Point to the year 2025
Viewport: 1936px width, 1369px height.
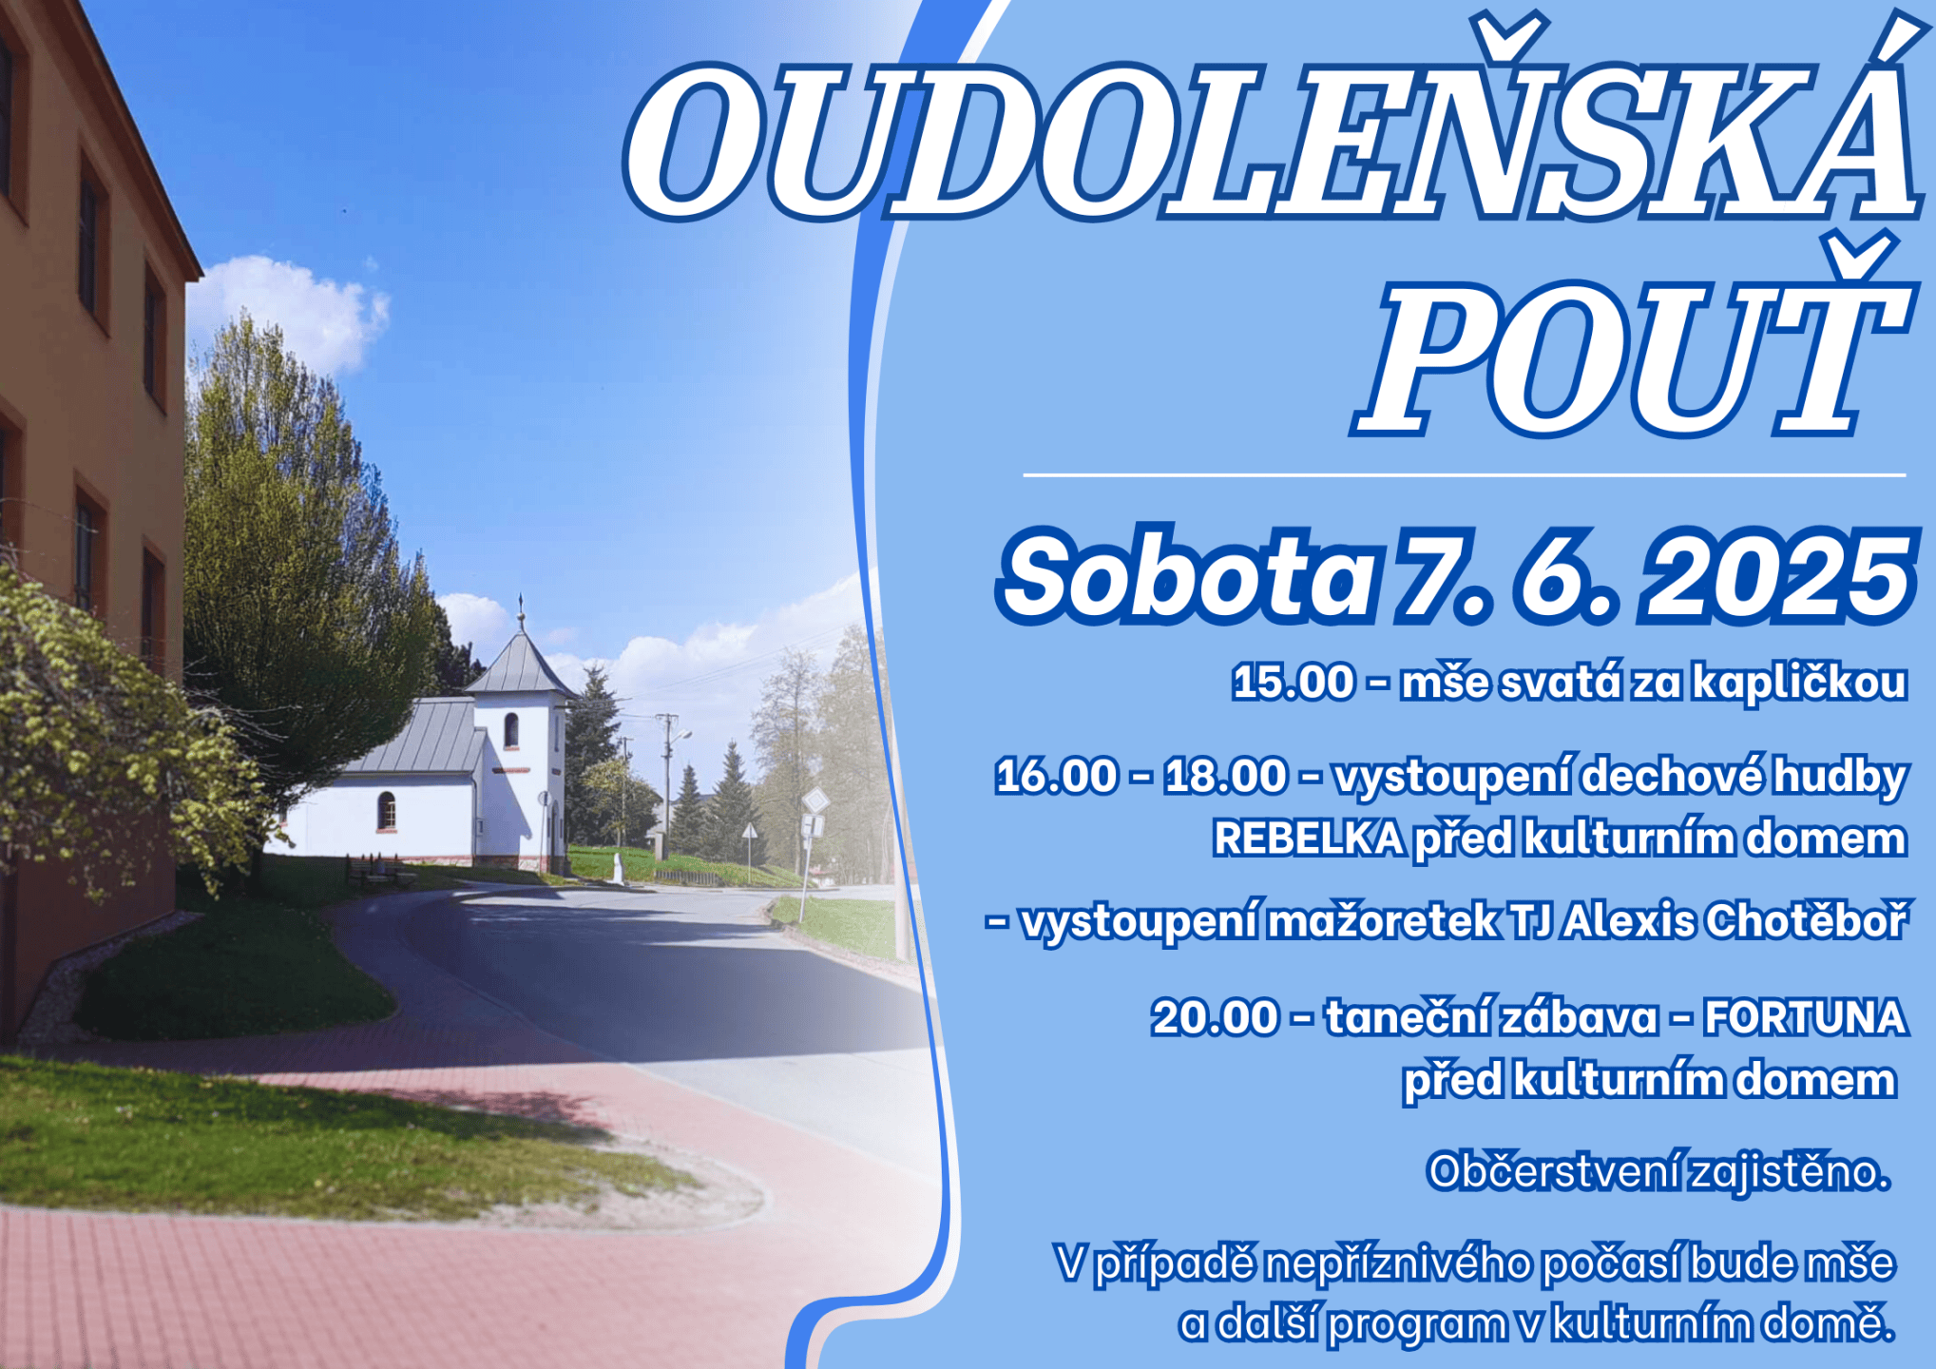coord(1778,575)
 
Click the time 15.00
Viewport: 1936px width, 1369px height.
coord(1294,682)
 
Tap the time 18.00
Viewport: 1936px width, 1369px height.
coord(1226,776)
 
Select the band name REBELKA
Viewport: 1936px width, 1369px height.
coord(1309,839)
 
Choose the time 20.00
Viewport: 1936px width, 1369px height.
coord(1216,1017)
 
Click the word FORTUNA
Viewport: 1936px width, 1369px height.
coord(1806,1017)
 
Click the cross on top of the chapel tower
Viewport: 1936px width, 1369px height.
coord(521,606)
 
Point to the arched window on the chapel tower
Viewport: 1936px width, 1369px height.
coord(511,730)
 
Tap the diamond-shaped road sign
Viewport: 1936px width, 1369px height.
coord(815,800)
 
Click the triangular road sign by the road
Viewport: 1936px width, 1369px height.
coord(750,832)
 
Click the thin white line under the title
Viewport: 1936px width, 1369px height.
coord(1465,474)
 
